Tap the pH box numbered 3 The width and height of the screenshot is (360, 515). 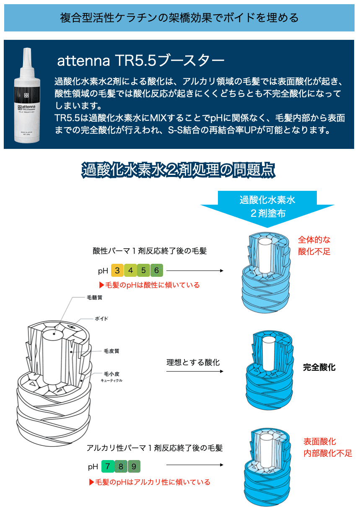117,271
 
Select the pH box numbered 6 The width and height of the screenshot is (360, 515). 156,271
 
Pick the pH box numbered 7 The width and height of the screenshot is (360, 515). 108,466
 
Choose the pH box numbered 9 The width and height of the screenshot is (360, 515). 134,466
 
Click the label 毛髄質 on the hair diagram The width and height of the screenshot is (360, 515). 94,297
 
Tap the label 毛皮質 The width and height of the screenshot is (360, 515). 111,351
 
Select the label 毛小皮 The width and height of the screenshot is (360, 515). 111,373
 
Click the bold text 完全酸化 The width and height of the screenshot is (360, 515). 319,367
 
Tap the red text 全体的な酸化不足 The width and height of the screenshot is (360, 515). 314,246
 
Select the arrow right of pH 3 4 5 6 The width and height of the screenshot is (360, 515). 195,271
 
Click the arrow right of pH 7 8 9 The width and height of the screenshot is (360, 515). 195,465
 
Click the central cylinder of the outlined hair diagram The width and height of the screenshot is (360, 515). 53,356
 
